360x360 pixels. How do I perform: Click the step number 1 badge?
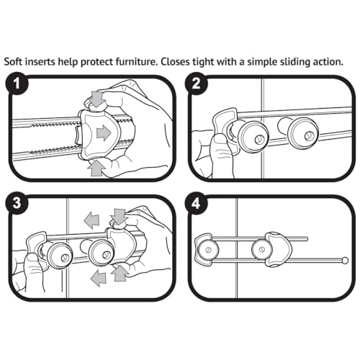point(17,85)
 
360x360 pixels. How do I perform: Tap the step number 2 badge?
point(196,84)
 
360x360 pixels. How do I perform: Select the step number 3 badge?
point(17,203)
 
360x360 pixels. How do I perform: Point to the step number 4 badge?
point(196,204)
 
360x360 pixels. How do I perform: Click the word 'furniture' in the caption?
point(135,62)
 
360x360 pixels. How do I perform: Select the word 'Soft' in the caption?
point(14,62)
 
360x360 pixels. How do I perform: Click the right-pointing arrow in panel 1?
point(104,132)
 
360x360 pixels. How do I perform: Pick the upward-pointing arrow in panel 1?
point(96,168)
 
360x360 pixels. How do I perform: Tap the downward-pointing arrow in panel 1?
point(97,99)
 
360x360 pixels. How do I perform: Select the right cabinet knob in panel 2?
point(302,134)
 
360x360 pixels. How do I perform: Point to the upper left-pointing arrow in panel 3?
point(91,219)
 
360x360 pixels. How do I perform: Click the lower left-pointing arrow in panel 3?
point(98,277)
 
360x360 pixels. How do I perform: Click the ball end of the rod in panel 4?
point(345,260)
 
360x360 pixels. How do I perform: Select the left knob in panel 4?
point(208,250)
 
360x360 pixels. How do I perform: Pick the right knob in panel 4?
point(261,249)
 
